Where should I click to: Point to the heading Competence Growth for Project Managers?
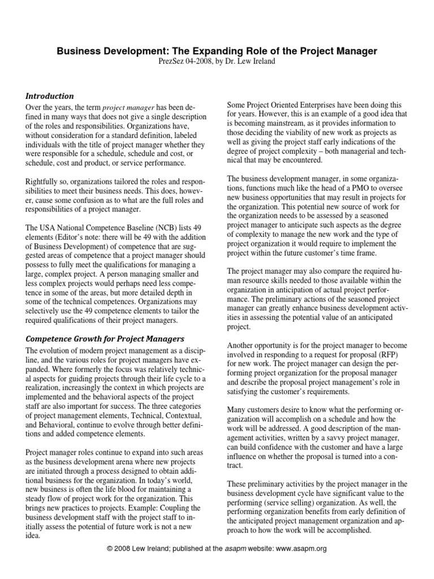[x=106, y=339]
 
